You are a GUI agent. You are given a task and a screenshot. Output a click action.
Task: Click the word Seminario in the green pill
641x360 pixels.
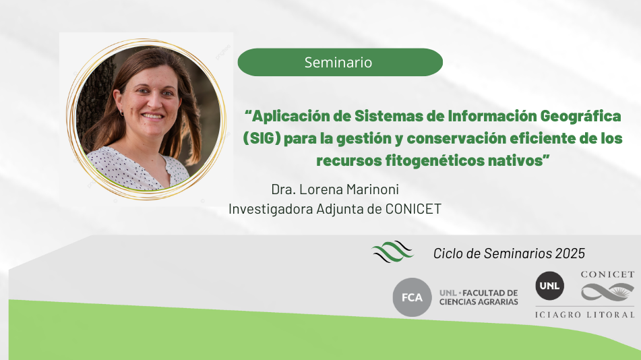click(338, 63)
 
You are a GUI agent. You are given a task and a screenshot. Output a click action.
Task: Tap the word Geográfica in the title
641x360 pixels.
click(580, 117)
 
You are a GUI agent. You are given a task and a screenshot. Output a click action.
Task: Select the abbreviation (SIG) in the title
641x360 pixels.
click(262, 138)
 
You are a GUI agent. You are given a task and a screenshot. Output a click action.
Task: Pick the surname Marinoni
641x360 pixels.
click(373, 189)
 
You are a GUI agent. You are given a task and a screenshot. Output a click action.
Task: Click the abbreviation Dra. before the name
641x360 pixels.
click(283, 189)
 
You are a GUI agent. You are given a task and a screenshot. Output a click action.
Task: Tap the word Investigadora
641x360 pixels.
click(271, 209)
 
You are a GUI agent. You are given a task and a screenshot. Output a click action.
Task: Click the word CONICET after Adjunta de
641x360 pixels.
click(413, 209)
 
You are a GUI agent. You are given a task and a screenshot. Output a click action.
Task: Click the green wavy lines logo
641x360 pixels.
click(392, 251)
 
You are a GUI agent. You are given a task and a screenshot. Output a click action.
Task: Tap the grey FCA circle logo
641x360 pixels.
click(412, 297)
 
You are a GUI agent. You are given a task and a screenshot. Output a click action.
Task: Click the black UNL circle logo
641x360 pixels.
click(550, 286)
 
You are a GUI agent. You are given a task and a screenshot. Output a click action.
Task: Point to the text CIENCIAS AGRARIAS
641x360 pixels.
click(479, 302)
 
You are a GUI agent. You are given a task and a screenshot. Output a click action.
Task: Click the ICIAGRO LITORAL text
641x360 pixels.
click(584, 315)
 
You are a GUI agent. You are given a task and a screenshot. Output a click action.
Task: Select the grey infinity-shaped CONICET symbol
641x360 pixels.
click(607, 292)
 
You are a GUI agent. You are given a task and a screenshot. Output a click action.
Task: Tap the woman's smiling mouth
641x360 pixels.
click(153, 116)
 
